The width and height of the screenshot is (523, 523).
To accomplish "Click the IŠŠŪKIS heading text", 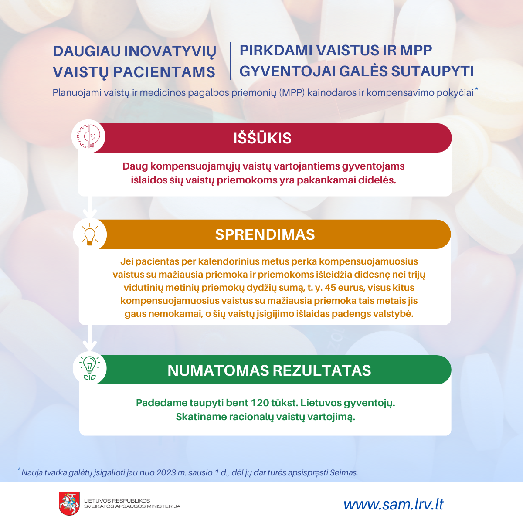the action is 262,138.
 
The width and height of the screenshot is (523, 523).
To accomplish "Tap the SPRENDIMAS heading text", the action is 265,234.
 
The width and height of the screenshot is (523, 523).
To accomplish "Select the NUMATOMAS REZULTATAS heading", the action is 269,370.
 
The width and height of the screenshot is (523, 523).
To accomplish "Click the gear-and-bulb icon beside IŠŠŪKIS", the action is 88,136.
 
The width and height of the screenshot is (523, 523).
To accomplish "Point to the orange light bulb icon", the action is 90,234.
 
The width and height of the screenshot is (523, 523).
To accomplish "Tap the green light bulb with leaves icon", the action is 90,368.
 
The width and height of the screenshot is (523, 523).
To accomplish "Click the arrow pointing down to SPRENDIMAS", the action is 90,207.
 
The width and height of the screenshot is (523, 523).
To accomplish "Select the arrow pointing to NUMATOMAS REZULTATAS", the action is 90,338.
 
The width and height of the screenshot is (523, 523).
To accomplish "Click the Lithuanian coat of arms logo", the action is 69,504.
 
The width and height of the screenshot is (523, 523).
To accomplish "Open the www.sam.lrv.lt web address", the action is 393,505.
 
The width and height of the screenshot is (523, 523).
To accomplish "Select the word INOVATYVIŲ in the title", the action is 170,51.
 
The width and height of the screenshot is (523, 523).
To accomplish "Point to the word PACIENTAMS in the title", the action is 164,72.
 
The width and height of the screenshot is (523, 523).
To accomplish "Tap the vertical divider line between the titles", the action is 231,61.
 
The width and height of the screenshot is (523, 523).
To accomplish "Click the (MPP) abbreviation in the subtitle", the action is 292,92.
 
